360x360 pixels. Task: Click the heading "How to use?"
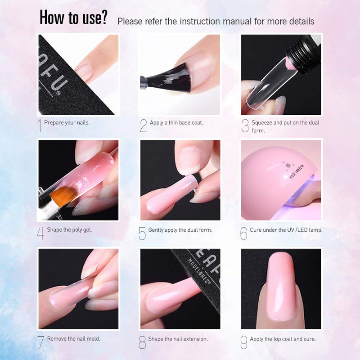pos(73,18)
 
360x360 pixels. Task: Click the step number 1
pos(40,126)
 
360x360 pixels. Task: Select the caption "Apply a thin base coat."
pos(176,122)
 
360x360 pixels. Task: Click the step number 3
pos(245,126)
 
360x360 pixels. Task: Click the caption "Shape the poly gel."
pos(69,229)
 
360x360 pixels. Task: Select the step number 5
pos(142,233)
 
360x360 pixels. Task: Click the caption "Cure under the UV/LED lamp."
pos(286,229)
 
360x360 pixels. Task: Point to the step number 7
pos(41,342)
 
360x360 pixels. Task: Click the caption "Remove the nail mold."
pos(73,338)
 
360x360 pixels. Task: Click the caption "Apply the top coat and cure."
pos(283,338)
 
